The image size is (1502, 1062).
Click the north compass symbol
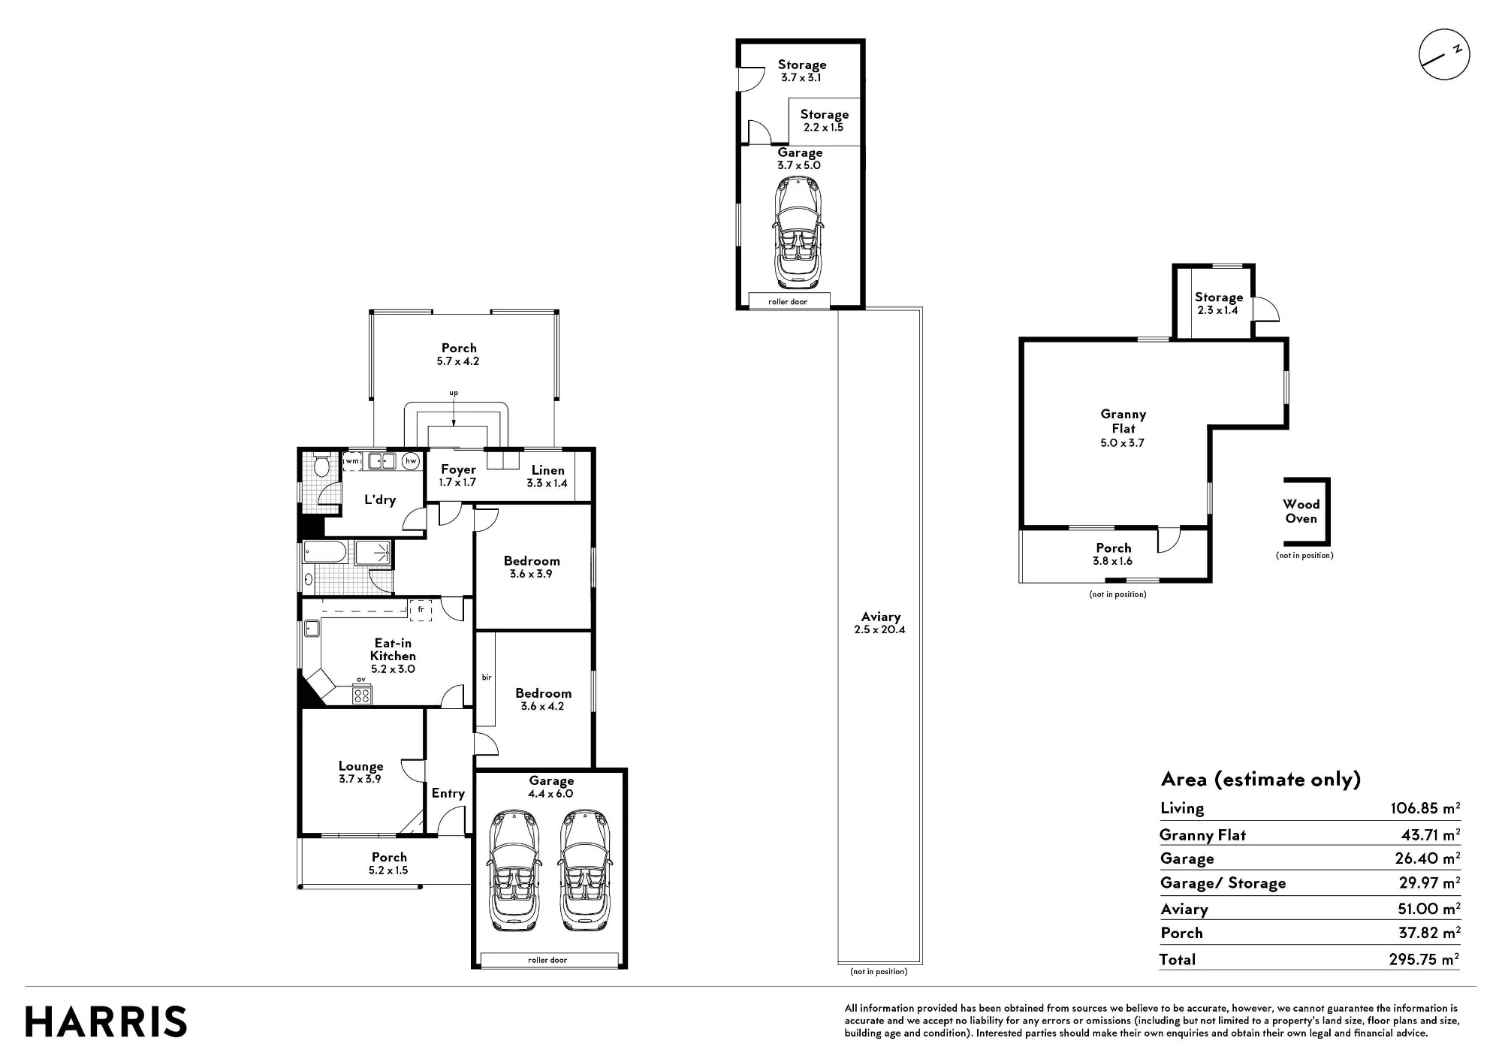click(1443, 55)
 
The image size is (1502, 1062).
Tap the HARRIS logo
click(106, 1022)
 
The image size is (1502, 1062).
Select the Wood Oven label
click(1301, 511)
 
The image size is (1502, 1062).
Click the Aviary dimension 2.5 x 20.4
click(879, 629)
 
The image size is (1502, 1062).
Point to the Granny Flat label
click(1123, 421)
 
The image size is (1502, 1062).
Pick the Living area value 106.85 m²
click(1425, 808)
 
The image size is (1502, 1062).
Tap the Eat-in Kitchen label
click(393, 649)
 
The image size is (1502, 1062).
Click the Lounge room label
click(360, 766)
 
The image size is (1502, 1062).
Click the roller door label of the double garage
click(547, 960)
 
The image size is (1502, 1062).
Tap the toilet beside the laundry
click(321, 466)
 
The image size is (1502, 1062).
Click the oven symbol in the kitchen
click(361, 695)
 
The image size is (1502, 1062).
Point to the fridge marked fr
click(421, 610)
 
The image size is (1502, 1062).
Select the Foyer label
click(458, 469)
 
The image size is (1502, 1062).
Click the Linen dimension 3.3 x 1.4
click(547, 483)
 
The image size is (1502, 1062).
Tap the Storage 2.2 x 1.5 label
click(824, 120)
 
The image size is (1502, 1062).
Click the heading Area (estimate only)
click(1261, 779)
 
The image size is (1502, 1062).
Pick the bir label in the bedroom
click(486, 677)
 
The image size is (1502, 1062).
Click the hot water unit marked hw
click(410, 461)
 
